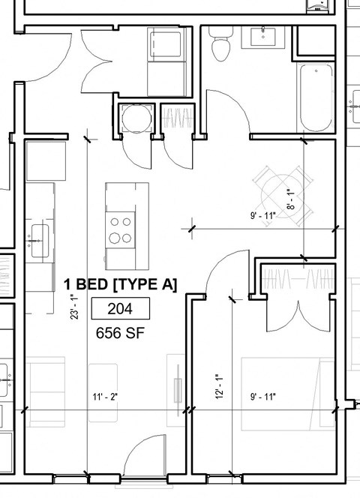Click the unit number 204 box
(x=121, y=308)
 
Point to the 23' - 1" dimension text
(x=76, y=305)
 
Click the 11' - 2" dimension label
(x=105, y=396)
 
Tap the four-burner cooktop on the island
(x=118, y=229)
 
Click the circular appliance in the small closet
(x=135, y=120)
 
